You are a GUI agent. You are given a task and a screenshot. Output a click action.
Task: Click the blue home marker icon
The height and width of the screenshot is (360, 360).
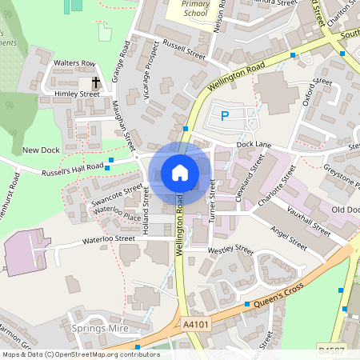[180, 173]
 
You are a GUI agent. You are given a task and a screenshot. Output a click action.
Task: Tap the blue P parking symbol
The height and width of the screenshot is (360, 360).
[225, 116]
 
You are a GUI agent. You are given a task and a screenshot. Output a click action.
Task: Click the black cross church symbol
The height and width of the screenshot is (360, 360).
[96, 82]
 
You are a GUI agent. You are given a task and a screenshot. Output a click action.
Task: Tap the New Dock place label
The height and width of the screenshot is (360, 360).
[41, 150]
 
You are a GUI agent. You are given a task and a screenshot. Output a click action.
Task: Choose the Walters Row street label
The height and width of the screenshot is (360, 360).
[74, 63]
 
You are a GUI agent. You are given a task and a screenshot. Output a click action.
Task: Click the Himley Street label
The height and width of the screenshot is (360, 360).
[78, 94]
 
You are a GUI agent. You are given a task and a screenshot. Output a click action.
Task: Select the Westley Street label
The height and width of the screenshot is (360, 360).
[230, 251]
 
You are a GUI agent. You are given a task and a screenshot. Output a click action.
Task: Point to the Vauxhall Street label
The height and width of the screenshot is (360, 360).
[308, 216]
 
